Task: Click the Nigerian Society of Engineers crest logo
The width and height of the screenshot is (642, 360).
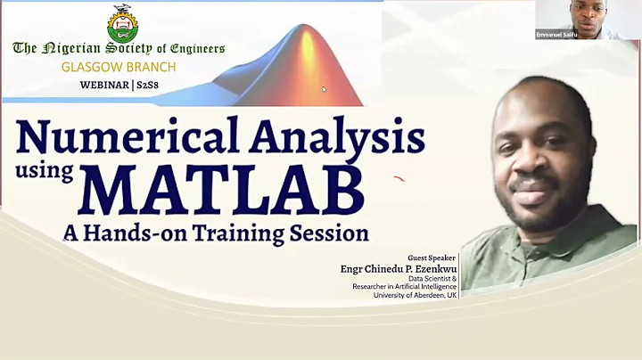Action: tap(122, 23)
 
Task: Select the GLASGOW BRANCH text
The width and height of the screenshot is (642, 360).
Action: tap(119, 67)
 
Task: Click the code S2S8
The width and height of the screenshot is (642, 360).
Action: tap(148, 86)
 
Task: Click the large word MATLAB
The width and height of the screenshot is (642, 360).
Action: tap(221, 187)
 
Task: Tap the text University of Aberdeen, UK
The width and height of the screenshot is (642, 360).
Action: tap(416, 295)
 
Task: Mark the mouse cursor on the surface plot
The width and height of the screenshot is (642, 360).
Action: tap(325, 89)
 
